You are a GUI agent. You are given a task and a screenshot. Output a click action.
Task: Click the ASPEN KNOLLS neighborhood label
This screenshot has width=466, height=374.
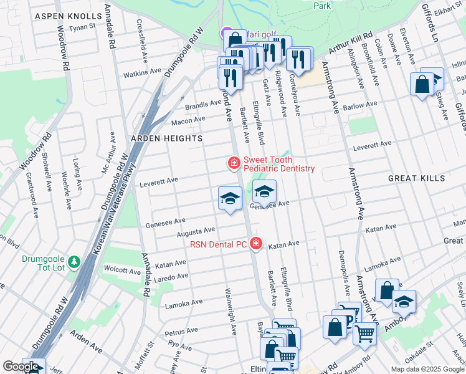pos(69,16)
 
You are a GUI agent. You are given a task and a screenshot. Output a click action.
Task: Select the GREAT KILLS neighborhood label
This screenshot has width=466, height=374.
pos(417,178)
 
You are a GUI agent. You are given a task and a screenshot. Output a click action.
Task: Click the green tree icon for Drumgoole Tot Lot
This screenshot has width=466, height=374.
pos(74,262)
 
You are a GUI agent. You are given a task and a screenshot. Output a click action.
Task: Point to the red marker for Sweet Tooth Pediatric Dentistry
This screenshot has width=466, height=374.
pos(234,163)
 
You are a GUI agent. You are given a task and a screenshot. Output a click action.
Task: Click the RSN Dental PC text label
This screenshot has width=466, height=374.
pos(219,244)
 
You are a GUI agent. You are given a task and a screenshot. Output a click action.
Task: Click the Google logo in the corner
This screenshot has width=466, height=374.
pos(21,367)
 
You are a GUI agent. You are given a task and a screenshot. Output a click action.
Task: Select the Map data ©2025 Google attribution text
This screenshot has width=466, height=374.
pos(427,369)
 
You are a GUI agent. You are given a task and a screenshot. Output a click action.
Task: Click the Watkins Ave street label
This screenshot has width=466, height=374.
pos(142,73)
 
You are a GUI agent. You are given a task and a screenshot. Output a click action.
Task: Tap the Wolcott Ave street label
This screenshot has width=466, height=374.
pos(124,271)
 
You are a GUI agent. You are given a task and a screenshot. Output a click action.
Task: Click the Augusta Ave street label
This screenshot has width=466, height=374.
pos(196,233)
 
